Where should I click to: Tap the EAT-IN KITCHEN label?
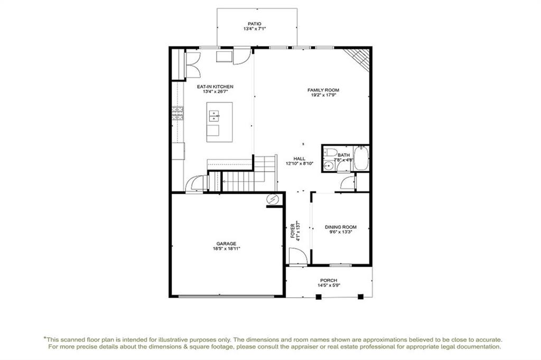click(x=215, y=87)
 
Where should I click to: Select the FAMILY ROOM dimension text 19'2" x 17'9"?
click(x=323, y=95)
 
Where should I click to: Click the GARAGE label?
click(x=226, y=243)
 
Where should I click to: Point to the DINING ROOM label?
click(x=341, y=227)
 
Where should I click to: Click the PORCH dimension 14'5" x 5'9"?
click(x=329, y=285)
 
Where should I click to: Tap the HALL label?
click(x=299, y=158)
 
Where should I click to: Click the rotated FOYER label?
click(x=293, y=231)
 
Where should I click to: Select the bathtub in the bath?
click(x=361, y=158)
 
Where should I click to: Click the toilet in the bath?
click(x=331, y=152)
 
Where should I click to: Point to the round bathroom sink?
click(x=328, y=166)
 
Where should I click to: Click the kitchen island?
click(x=219, y=122)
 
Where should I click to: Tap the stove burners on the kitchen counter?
click(x=178, y=113)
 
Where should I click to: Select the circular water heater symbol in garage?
click(x=273, y=199)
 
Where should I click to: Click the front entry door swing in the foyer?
click(x=298, y=257)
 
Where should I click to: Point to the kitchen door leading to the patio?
click(x=242, y=56)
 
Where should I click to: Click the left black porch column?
click(x=319, y=297)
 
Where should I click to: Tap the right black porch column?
click(x=361, y=297)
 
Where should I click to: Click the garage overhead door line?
click(x=227, y=296)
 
